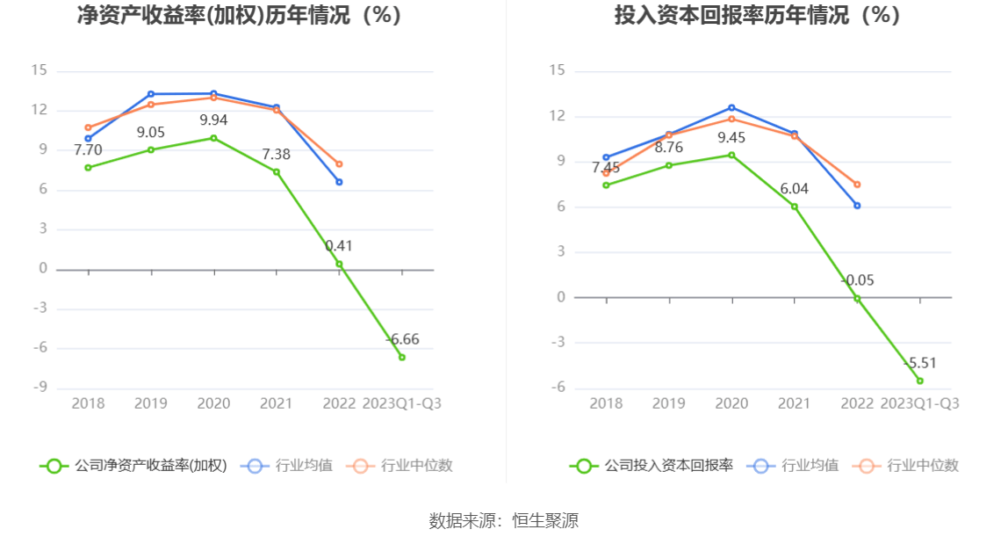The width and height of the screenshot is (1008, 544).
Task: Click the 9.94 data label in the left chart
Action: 213,120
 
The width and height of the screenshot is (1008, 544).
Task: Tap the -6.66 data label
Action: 402,339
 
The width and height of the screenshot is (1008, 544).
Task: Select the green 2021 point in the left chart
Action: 277,171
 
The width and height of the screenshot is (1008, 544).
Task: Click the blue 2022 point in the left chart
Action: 339,182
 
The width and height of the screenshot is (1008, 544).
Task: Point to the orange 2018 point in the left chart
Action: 88,127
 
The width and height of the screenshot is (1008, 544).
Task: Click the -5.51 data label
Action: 920,363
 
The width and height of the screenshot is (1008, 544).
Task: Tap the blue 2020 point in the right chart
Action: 731,107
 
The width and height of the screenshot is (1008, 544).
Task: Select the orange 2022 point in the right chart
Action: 857,185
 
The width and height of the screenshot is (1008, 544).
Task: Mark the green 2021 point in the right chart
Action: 795,207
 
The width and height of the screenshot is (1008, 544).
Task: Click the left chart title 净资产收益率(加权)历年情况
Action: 240,15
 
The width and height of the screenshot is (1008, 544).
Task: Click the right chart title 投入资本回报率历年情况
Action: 757,15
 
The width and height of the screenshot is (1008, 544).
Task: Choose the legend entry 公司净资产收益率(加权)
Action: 134,466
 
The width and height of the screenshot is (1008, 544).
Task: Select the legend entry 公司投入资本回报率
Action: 652,466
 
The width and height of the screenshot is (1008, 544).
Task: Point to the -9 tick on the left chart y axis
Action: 40,388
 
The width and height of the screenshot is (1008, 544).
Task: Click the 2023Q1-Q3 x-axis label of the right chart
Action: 919,403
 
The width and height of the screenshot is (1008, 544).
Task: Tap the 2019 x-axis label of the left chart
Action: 151,403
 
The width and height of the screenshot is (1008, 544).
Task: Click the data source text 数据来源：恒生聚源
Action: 504,520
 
